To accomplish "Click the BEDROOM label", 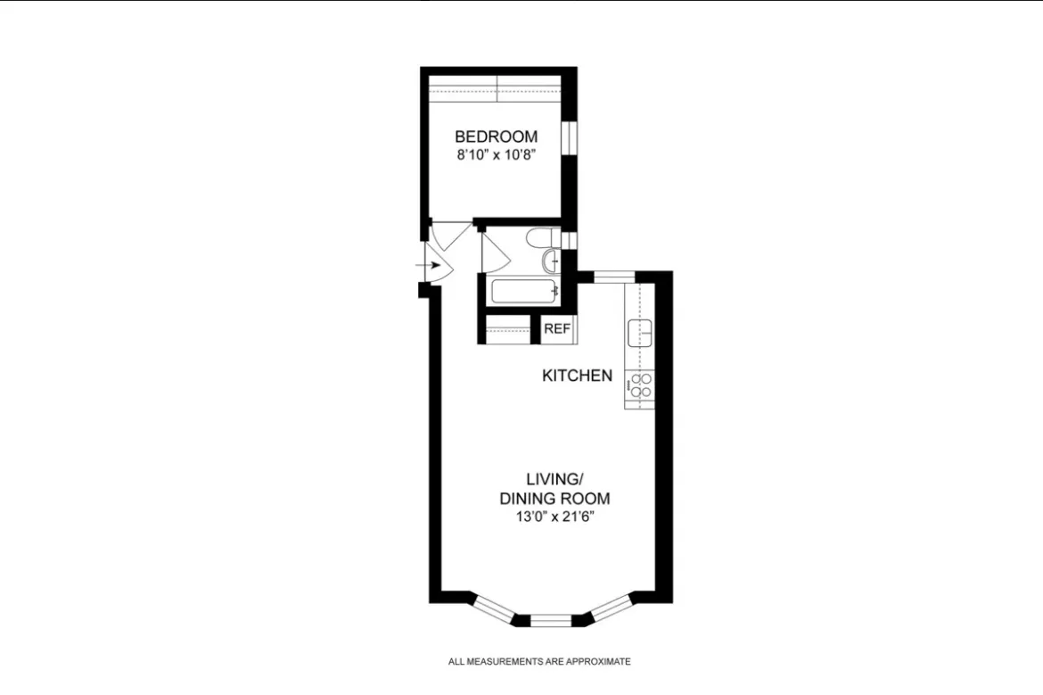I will point(496,137).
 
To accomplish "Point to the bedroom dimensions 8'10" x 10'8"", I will point(496,153).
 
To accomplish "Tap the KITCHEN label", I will point(577,376).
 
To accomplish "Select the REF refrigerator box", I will point(556,328).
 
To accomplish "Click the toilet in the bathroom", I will point(540,237).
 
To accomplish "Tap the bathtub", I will point(522,292).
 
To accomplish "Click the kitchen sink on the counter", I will point(639,333).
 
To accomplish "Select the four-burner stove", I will point(639,384).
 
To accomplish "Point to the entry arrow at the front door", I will point(435,265).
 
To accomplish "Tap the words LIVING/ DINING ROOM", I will point(554,490).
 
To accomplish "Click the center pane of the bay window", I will point(551,618).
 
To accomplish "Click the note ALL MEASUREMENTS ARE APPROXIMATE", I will point(538,662).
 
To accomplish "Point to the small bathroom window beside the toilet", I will point(570,239).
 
